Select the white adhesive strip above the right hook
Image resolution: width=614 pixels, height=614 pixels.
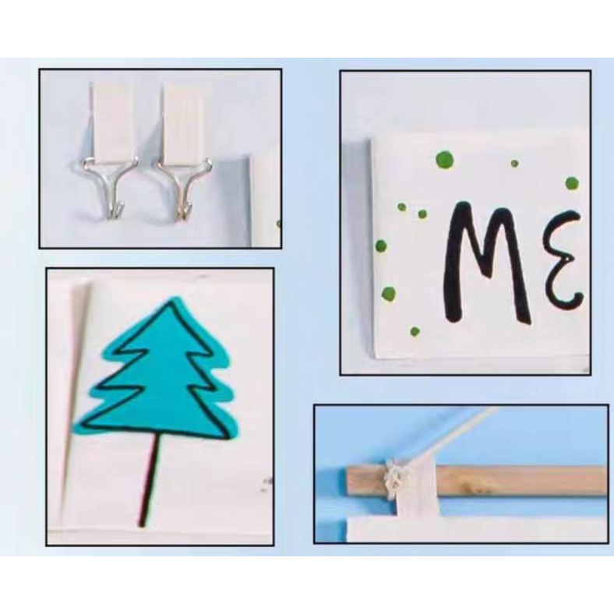click(x=183, y=122)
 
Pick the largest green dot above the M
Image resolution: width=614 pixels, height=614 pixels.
click(x=444, y=159)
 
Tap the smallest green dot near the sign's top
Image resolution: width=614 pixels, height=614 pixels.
click(x=514, y=164)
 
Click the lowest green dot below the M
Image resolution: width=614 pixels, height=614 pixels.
click(x=415, y=331)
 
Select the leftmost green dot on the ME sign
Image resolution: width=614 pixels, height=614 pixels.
click(x=380, y=246)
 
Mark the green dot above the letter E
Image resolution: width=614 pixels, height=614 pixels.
click(x=572, y=183)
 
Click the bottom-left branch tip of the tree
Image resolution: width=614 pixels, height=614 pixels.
click(x=76, y=427)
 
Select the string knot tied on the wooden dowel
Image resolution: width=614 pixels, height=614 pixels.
click(x=394, y=480)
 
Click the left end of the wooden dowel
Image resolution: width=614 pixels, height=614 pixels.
click(x=348, y=480)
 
